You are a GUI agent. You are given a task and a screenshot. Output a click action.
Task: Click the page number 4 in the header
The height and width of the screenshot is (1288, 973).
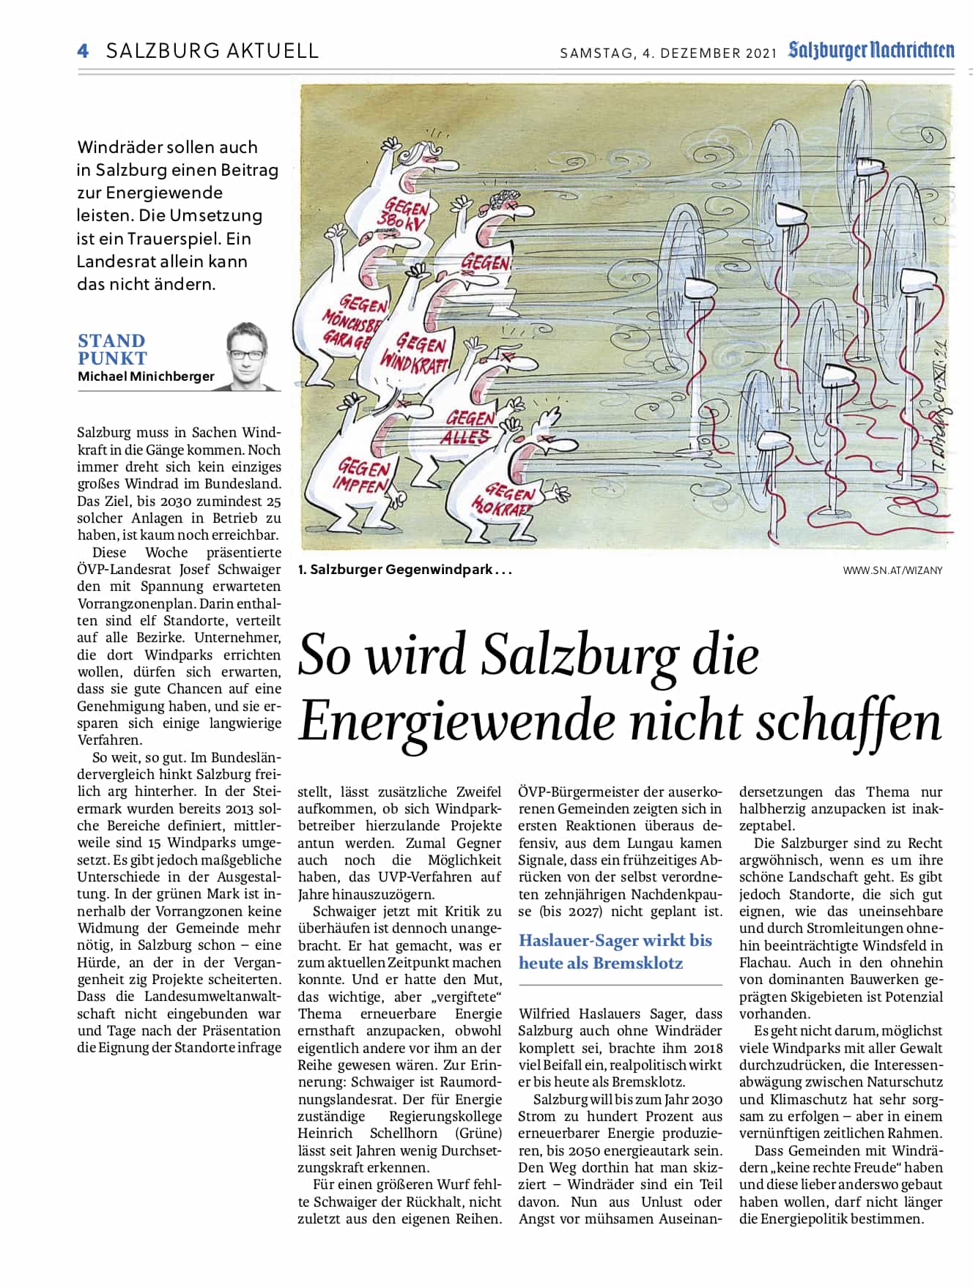tap(83, 51)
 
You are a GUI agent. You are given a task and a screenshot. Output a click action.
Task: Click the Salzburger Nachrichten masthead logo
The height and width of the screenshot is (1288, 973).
tap(871, 51)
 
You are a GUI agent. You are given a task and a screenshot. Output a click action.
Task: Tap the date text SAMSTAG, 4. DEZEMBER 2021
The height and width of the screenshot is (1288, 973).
tap(667, 53)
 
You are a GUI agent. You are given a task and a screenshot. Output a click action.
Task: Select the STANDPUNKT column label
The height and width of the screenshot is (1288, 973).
tap(112, 349)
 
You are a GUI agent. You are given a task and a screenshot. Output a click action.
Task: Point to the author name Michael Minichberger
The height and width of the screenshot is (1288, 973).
tap(146, 376)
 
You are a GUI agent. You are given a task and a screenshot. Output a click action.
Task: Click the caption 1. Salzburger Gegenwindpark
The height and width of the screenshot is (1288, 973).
tap(404, 570)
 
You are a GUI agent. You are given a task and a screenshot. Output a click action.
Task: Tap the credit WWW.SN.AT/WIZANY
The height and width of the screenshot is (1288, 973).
tap(892, 570)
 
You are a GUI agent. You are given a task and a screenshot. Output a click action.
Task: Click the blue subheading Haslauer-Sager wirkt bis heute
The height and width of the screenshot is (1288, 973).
tap(615, 951)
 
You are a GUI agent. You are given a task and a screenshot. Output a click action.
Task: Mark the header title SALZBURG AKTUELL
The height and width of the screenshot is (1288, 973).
tap(212, 51)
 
